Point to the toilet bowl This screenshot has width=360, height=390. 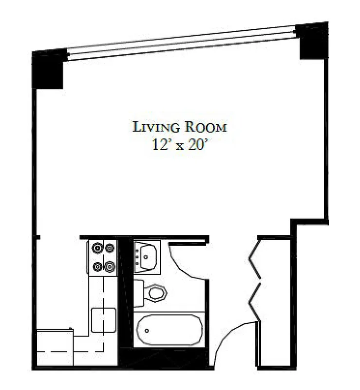coord(157,293)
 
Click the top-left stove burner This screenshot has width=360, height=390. coord(98,248)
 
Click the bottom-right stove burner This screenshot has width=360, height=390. coord(110,267)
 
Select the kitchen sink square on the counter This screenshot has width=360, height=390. coord(103,320)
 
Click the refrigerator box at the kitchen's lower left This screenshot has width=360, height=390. coord(55,347)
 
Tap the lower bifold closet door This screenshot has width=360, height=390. coord(254,302)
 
